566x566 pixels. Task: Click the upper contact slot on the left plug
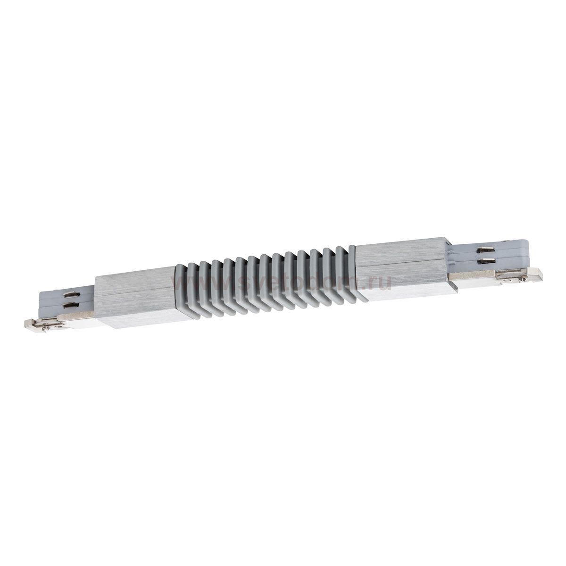[69, 297]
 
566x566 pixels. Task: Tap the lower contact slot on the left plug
[69, 306]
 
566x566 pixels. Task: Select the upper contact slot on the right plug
[485, 251]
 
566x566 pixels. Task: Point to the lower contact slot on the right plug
[485, 259]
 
